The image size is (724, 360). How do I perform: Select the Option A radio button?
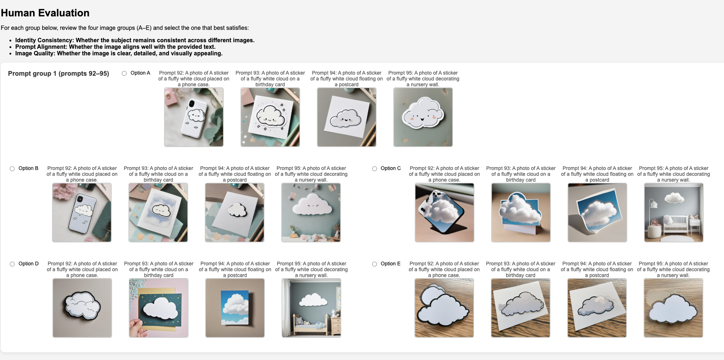coord(124,73)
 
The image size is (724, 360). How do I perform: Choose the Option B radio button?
coord(12,169)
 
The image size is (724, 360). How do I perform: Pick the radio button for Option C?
coord(374,169)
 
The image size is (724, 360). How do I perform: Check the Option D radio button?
coord(12,264)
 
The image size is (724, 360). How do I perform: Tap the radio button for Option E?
coord(374,264)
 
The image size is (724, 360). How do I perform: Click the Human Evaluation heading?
coord(45,13)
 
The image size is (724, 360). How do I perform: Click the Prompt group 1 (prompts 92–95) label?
coord(59,74)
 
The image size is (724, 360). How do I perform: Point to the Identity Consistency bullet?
coord(135,40)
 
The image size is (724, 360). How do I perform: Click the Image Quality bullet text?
coord(119,53)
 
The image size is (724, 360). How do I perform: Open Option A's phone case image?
coord(194,117)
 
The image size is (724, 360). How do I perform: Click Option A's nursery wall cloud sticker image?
coord(423,117)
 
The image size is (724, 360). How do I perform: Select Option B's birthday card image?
coord(158,213)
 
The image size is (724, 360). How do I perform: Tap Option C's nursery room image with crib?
coord(674,213)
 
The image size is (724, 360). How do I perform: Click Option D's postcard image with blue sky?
coord(235,308)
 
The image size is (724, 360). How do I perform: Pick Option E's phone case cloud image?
coord(444,308)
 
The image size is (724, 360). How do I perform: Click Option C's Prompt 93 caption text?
coord(521,174)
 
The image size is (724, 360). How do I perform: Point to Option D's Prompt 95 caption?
coord(311,269)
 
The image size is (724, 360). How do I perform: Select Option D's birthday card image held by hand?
coord(159,308)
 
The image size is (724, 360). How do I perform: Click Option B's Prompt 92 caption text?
coord(82,174)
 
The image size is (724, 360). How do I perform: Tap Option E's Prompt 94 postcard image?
coord(597,308)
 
